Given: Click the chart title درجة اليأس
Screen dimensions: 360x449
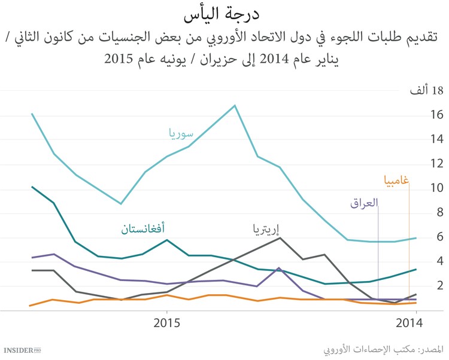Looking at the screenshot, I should tap(224, 13).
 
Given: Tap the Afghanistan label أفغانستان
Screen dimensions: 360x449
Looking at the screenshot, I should tap(143, 228).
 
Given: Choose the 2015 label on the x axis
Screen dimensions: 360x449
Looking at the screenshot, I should tap(166, 324).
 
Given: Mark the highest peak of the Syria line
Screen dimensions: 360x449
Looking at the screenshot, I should tap(234, 106).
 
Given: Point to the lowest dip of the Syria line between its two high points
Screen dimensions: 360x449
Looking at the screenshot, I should tap(121, 204).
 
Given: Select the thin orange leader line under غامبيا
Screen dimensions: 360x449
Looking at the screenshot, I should tap(409, 245).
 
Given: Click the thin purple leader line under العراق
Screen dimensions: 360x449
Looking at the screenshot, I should tap(378, 251).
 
